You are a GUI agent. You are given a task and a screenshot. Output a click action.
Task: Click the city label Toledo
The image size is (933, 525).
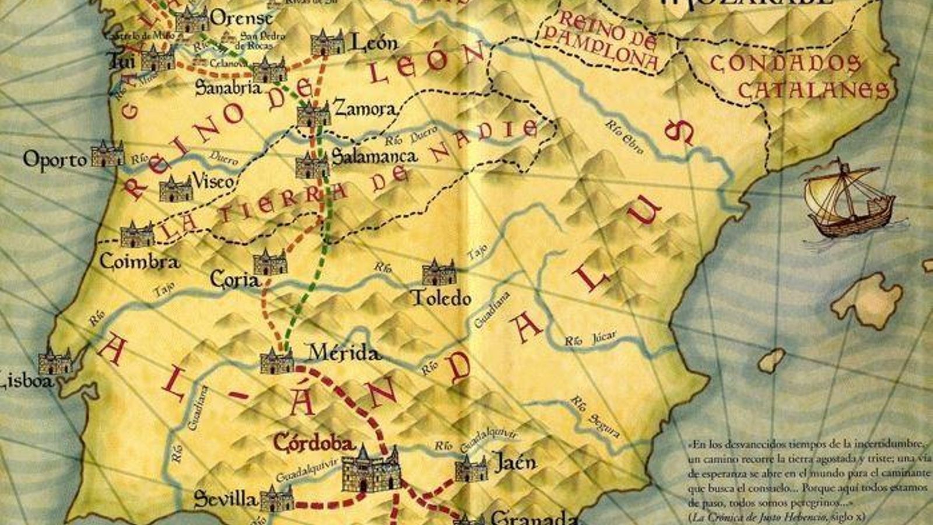point(441,298)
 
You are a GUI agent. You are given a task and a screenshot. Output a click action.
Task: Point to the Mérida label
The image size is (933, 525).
point(344,352)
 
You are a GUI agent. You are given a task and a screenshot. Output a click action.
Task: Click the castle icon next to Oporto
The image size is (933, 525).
point(107,155)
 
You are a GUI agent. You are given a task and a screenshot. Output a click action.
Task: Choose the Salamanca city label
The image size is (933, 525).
point(374,156)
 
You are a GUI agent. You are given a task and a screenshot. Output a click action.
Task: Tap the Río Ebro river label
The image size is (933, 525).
point(624,136)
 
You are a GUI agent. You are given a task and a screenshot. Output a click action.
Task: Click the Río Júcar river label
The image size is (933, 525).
point(590,339)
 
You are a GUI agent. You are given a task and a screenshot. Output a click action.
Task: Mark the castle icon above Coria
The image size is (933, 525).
point(270,262)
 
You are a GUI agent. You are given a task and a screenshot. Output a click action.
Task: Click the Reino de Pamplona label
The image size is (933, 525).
point(601,41)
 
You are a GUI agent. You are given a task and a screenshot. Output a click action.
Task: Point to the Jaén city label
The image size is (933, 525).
point(514,463)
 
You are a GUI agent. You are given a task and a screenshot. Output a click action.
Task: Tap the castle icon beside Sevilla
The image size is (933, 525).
point(276,499)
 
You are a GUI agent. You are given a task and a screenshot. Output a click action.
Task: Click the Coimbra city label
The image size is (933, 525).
point(139,261)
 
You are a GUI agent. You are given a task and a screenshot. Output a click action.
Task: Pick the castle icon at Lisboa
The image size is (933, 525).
point(55,362)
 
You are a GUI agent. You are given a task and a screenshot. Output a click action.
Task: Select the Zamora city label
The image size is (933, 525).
point(364,108)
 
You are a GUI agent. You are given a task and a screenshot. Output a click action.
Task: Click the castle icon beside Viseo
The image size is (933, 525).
point(175,188)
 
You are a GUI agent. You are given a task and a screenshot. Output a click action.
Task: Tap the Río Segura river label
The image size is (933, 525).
point(595,416)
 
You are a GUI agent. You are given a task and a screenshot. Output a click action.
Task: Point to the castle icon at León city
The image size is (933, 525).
point(327,43)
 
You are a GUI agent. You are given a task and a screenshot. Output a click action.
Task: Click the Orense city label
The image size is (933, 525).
point(240,18)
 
